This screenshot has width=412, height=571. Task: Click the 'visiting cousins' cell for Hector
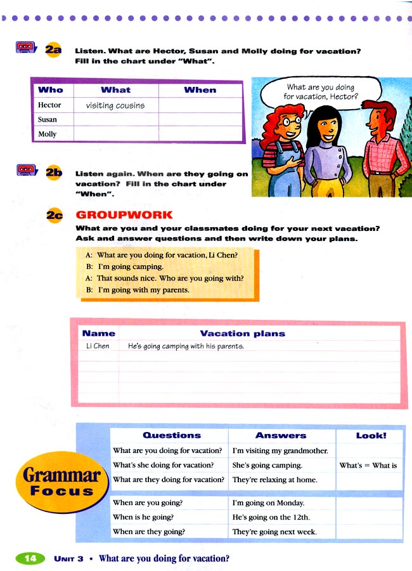coord(115,105)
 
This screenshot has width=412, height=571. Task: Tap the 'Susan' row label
coord(48,119)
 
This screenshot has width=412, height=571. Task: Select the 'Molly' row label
coord(48,134)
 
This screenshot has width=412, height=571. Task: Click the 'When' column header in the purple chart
coord(200,90)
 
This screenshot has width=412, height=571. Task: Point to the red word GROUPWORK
coord(124,215)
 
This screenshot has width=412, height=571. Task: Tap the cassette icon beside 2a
coord(24,47)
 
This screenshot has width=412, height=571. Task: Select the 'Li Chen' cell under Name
coord(98,346)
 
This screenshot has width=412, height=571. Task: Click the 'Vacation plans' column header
coord(242,333)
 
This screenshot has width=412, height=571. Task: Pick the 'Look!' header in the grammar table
coord(371,435)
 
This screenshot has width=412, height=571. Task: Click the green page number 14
coord(29,558)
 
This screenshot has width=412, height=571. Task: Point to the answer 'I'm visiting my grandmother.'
coord(280,451)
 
